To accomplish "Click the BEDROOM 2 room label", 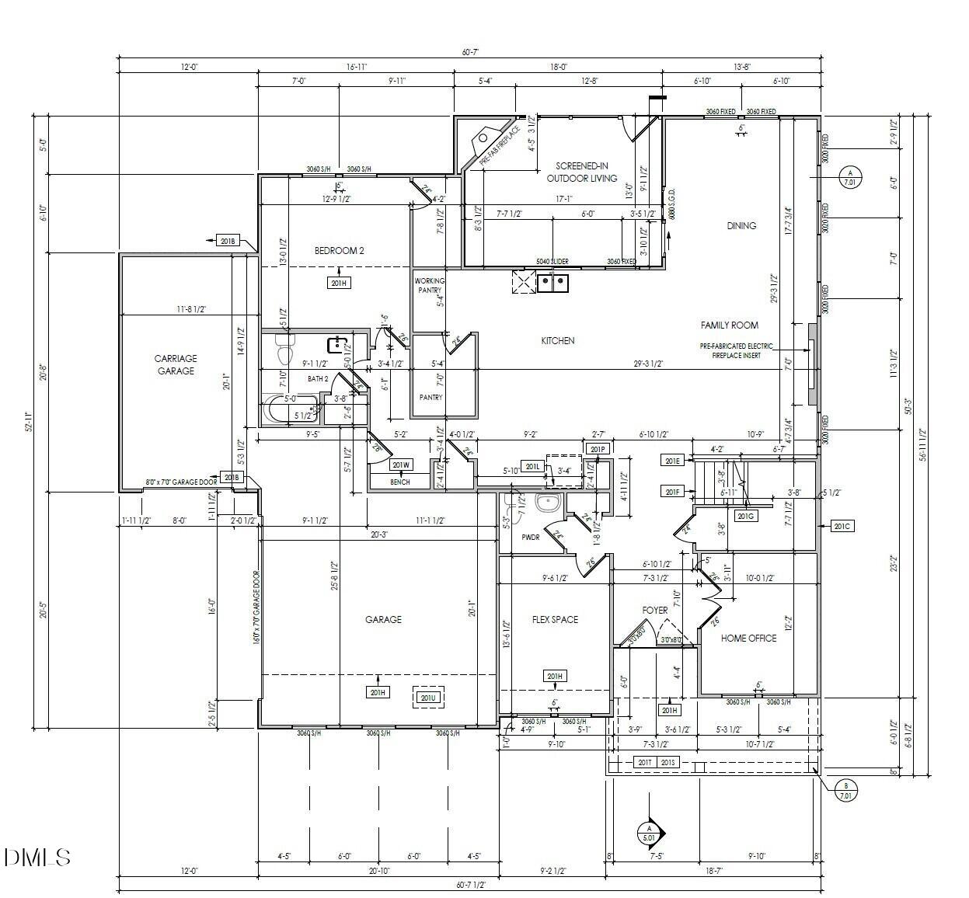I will coord(339,250).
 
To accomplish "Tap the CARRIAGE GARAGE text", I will coord(175,364).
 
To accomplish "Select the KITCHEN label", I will coord(557,340).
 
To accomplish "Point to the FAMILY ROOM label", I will coord(729,325).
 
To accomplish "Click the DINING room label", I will coord(741,226).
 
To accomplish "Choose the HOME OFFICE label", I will coord(748,638).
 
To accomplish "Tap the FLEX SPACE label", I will coord(555,619).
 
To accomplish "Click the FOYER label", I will coord(655,610).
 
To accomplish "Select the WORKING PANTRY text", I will coord(429,285).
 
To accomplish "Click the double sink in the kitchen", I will coord(553,282).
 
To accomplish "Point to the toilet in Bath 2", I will coord(284,350).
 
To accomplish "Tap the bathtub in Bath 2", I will coord(292,408).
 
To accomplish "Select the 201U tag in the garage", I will coord(428,698).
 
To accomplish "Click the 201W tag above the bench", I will coord(400,465).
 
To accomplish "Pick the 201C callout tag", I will coord(842,526).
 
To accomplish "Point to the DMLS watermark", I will coord(37,857).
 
